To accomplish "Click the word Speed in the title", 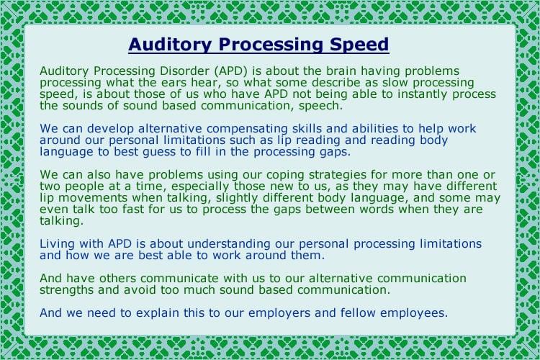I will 356,45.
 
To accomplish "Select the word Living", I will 58,244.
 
